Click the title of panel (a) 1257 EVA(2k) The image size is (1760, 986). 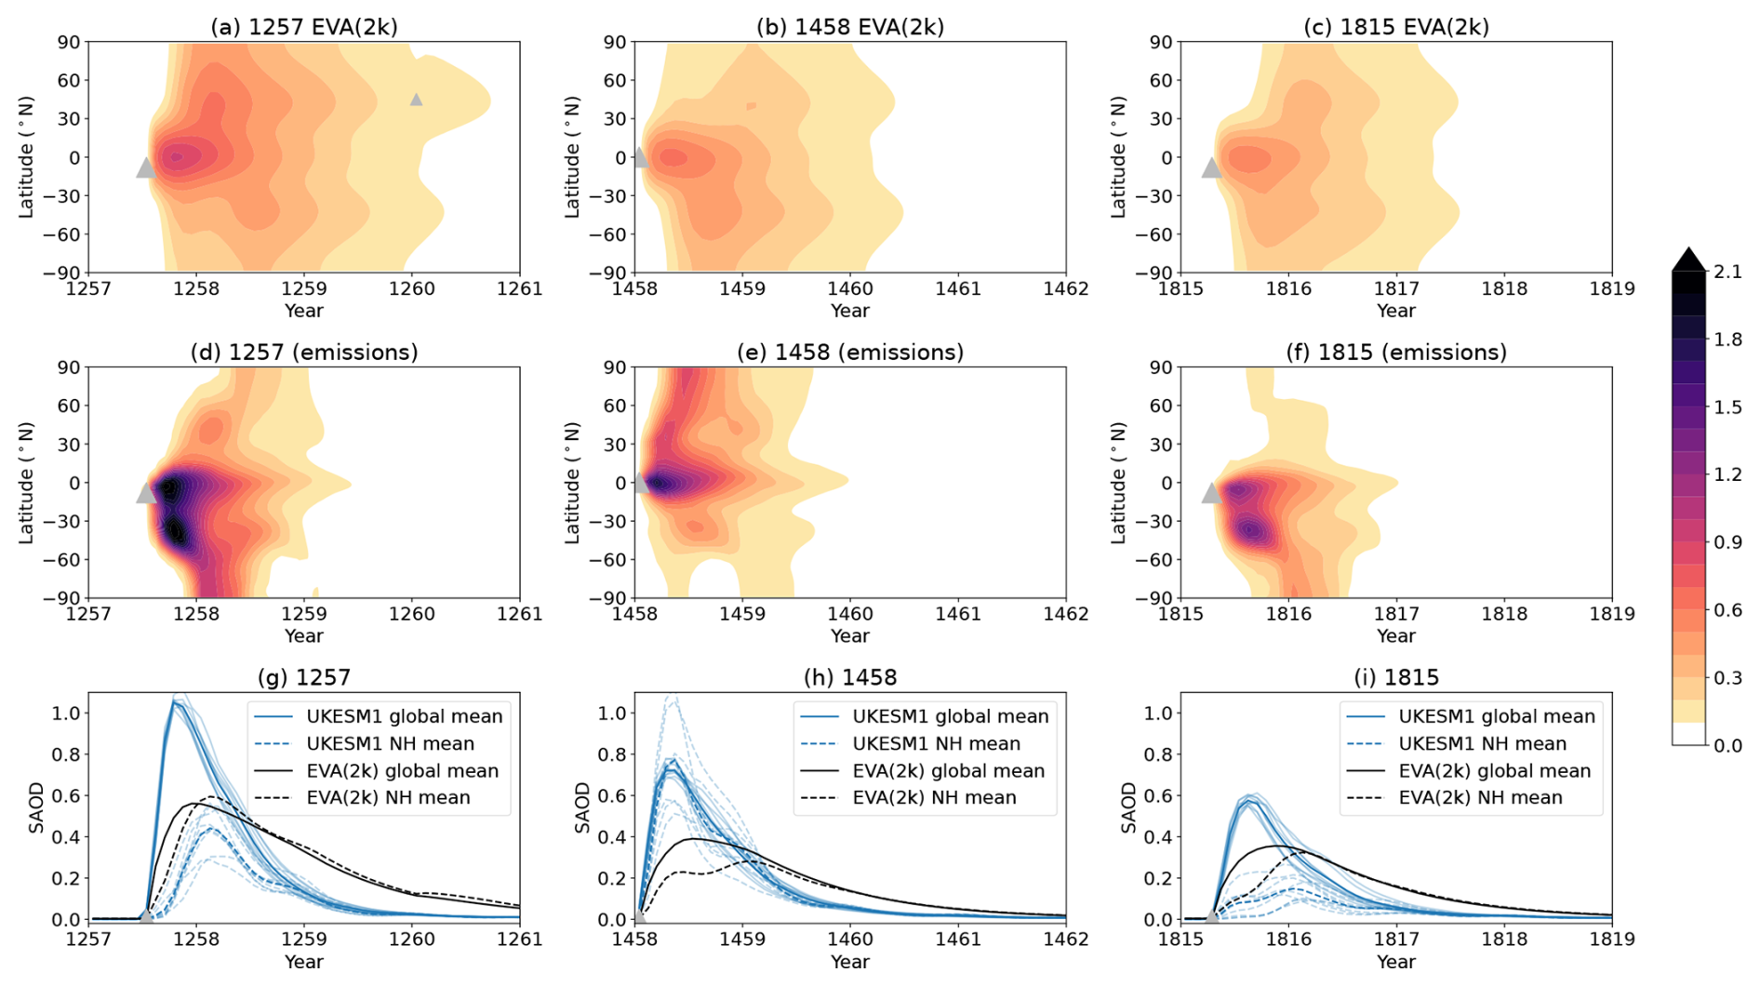(x=303, y=27)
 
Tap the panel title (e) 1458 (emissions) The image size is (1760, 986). (x=849, y=353)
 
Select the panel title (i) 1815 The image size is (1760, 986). (x=1395, y=677)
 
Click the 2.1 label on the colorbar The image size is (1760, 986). (x=1727, y=273)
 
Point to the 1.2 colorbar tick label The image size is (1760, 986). (x=1727, y=475)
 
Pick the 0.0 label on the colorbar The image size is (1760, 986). (x=1727, y=746)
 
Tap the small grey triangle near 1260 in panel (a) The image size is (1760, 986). (x=416, y=100)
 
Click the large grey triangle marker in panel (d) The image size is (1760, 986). (x=146, y=494)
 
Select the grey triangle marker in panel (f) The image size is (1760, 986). (x=1211, y=494)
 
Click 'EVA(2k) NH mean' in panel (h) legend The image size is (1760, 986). (x=934, y=798)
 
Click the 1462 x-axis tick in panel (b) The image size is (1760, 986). (x=1065, y=288)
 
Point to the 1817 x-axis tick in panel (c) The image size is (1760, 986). (x=1396, y=288)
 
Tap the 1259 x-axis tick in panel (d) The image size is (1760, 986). (x=304, y=614)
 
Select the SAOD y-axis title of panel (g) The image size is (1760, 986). (x=36, y=807)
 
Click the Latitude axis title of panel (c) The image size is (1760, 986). (x=1118, y=157)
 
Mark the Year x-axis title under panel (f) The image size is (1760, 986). (x=1395, y=636)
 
